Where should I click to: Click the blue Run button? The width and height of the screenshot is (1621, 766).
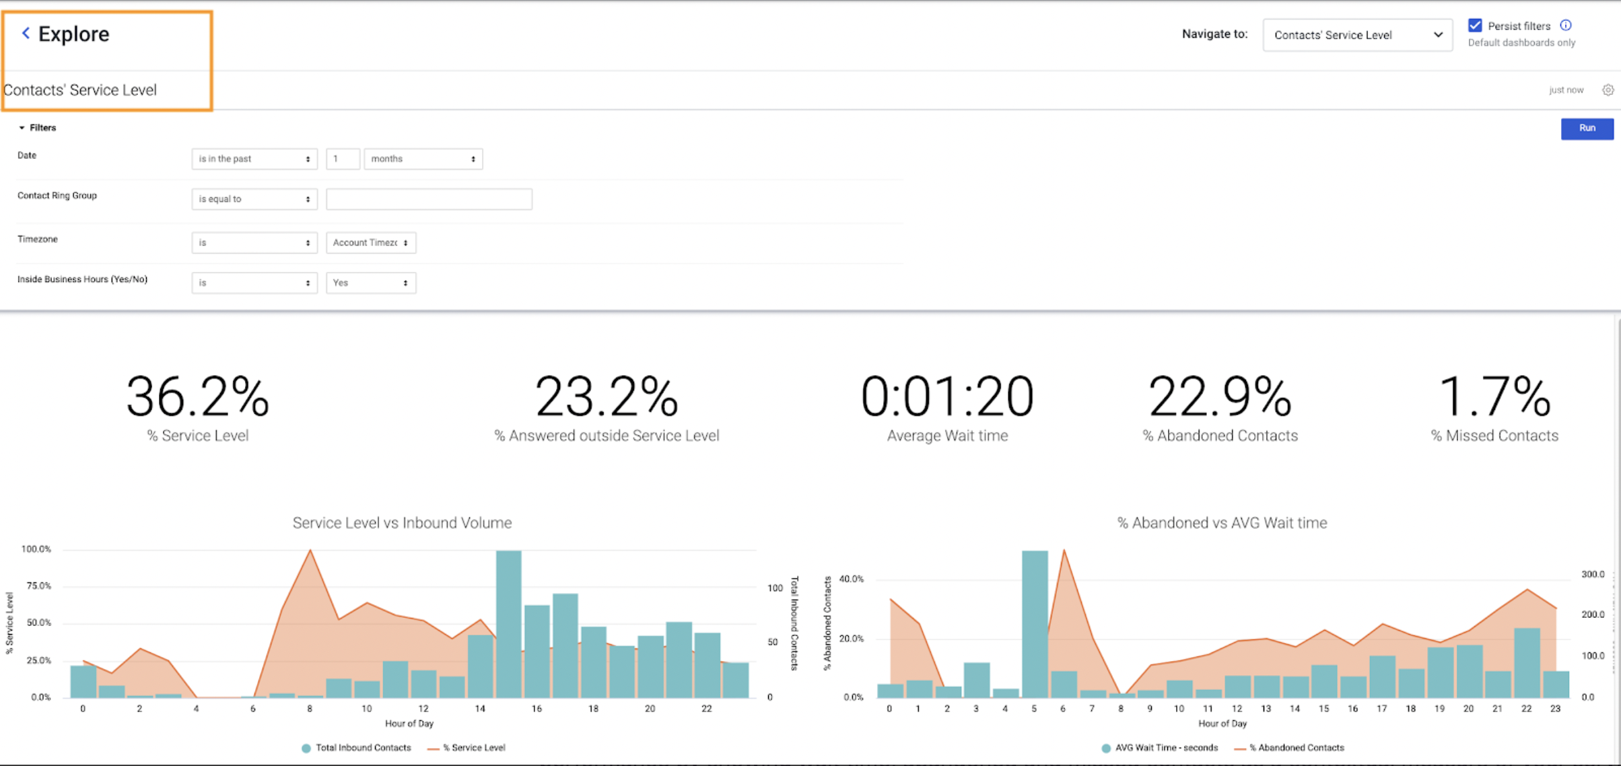coord(1587,129)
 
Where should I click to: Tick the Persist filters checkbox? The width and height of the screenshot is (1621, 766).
coord(1474,26)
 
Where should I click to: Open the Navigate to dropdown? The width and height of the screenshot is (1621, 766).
coord(1357,35)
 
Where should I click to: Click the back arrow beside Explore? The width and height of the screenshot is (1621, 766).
coord(26,33)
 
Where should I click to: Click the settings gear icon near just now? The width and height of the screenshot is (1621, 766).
coord(1608,90)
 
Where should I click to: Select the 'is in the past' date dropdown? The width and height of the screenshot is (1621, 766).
coord(254,159)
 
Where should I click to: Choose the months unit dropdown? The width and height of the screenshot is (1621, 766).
coord(423,159)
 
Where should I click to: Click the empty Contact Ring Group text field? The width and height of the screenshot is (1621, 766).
coord(429,199)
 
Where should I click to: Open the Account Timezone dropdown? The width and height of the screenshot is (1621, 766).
coord(370,243)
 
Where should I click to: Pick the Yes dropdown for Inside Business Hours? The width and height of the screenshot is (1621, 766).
coord(370,283)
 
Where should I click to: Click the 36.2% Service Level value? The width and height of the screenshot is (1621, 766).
coord(198,397)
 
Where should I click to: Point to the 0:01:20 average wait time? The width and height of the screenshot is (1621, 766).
coord(946,397)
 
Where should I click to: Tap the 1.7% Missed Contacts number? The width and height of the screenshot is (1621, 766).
coord(1494,397)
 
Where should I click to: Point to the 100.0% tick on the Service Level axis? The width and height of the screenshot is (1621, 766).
coord(36,549)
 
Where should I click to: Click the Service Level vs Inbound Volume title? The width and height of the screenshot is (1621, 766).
coord(402,523)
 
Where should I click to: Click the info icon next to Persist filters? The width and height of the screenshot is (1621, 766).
coord(1566,26)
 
